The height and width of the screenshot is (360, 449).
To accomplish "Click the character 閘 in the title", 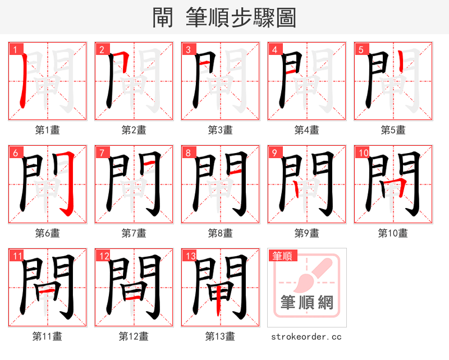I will (x=163, y=17).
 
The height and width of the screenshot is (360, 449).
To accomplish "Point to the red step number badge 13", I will (x=190, y=256).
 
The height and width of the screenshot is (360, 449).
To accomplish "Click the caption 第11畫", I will (x=47, y=336).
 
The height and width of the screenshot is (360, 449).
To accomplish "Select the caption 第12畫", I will (x=134, y=336).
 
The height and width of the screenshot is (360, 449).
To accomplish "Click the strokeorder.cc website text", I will (x=306, y=336).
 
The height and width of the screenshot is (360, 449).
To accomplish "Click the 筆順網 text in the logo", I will (x=307, y=303).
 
